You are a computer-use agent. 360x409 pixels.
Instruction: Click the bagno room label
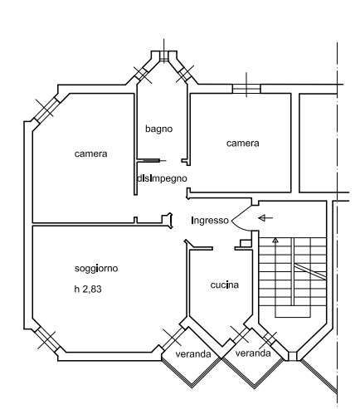(x=159, y=129)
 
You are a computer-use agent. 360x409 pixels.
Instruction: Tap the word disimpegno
(x=162, y=178)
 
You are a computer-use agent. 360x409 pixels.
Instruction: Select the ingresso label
(x=210, y=221)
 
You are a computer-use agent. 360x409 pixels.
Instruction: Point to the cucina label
(x=224, y=285)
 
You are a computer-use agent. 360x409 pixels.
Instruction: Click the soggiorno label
(x=96, y=269)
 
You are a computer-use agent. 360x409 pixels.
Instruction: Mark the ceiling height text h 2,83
(x=88, y=289)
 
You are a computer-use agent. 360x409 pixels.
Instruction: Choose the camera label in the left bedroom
(x=90, y=153)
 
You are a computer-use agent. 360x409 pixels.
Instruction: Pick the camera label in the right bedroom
(x=243, y=143)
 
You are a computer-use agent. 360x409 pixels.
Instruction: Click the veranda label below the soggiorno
(x=193, y=354)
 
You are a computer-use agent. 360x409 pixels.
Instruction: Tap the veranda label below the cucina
(x=253, y=353)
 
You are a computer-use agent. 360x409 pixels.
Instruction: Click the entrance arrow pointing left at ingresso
(x=265, y=218)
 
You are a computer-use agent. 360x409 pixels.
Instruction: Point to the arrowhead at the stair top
(x=275, y=240)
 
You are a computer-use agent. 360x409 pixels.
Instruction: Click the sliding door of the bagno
(x=152, y=160)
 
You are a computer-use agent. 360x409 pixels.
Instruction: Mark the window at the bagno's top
(x=164, y=56)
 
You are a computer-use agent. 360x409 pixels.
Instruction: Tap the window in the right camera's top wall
(x=246, y=89)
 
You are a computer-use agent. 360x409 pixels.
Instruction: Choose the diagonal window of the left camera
(x=46, y=109)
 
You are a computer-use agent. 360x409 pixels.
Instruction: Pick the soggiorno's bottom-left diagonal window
(x=46, y=340)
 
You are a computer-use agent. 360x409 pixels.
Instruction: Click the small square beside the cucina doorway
(x=245, y=243)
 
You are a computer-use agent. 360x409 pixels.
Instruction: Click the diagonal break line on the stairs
(x=310, y=271)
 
